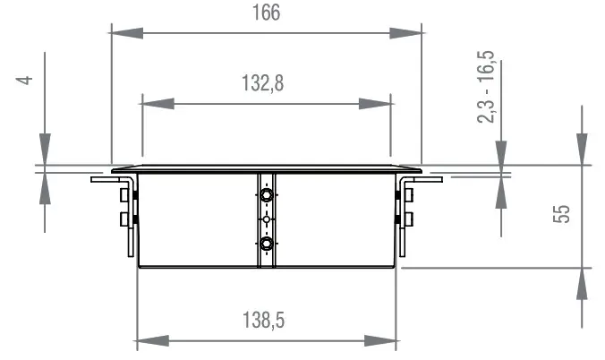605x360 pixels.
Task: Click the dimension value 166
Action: click(266, 13)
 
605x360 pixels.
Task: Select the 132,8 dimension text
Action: click(266, 83)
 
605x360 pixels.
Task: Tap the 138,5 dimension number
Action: click(266, 319)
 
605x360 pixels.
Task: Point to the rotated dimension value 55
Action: click(562, 214)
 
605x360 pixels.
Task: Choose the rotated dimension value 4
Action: click(26, 80)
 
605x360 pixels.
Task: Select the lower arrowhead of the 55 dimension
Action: click(583, 283)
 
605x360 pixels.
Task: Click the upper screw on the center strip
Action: click(266, 194)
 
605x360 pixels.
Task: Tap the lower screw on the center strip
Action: click(266, 243)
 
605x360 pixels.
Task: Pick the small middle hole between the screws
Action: click(266, 219)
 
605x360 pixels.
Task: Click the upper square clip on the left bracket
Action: click(124, 194)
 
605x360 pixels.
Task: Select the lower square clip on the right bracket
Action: click(408, 219)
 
